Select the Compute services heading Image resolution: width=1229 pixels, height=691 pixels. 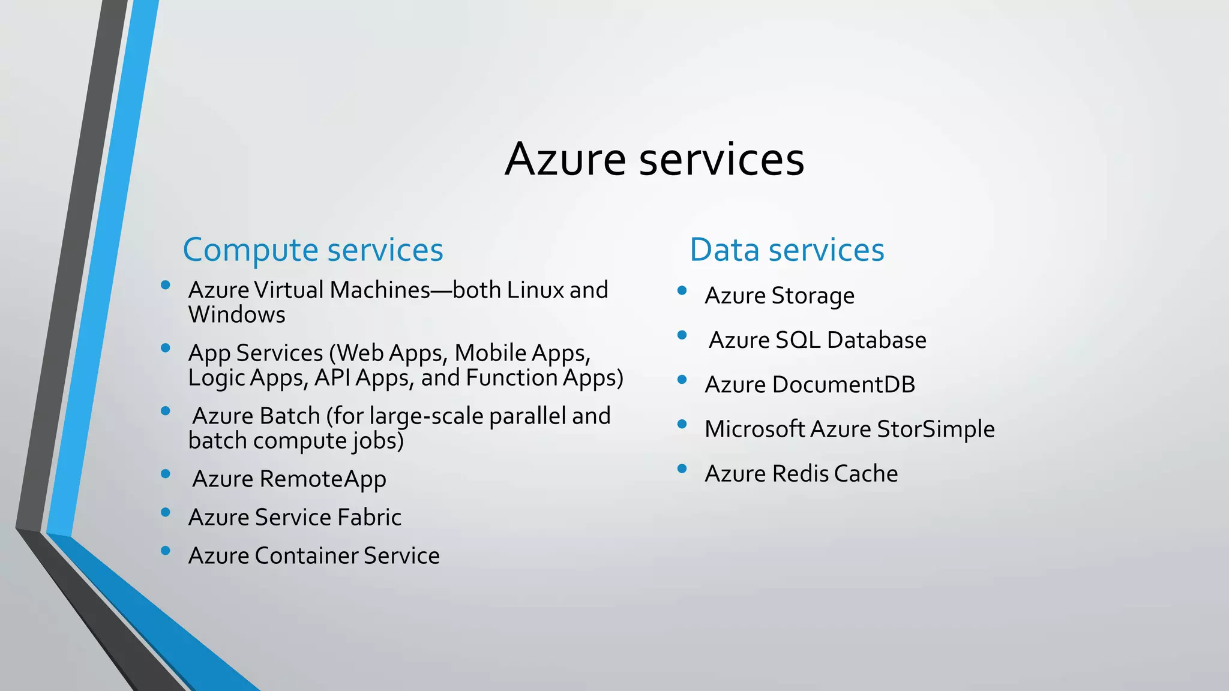coord(313,250)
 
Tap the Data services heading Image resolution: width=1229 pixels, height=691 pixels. coord(787,250)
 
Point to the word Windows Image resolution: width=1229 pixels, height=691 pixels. coord(236,315)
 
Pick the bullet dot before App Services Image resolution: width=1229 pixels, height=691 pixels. coord(166,348)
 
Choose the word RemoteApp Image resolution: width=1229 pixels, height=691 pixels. coord(323,479)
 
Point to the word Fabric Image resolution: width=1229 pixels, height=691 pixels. coord(369,518)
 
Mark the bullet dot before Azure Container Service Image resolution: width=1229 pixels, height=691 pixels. coord(166,551)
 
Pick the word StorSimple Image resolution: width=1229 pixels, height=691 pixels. coord(936,429)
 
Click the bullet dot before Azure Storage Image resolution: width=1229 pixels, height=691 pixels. coord(682,291)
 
